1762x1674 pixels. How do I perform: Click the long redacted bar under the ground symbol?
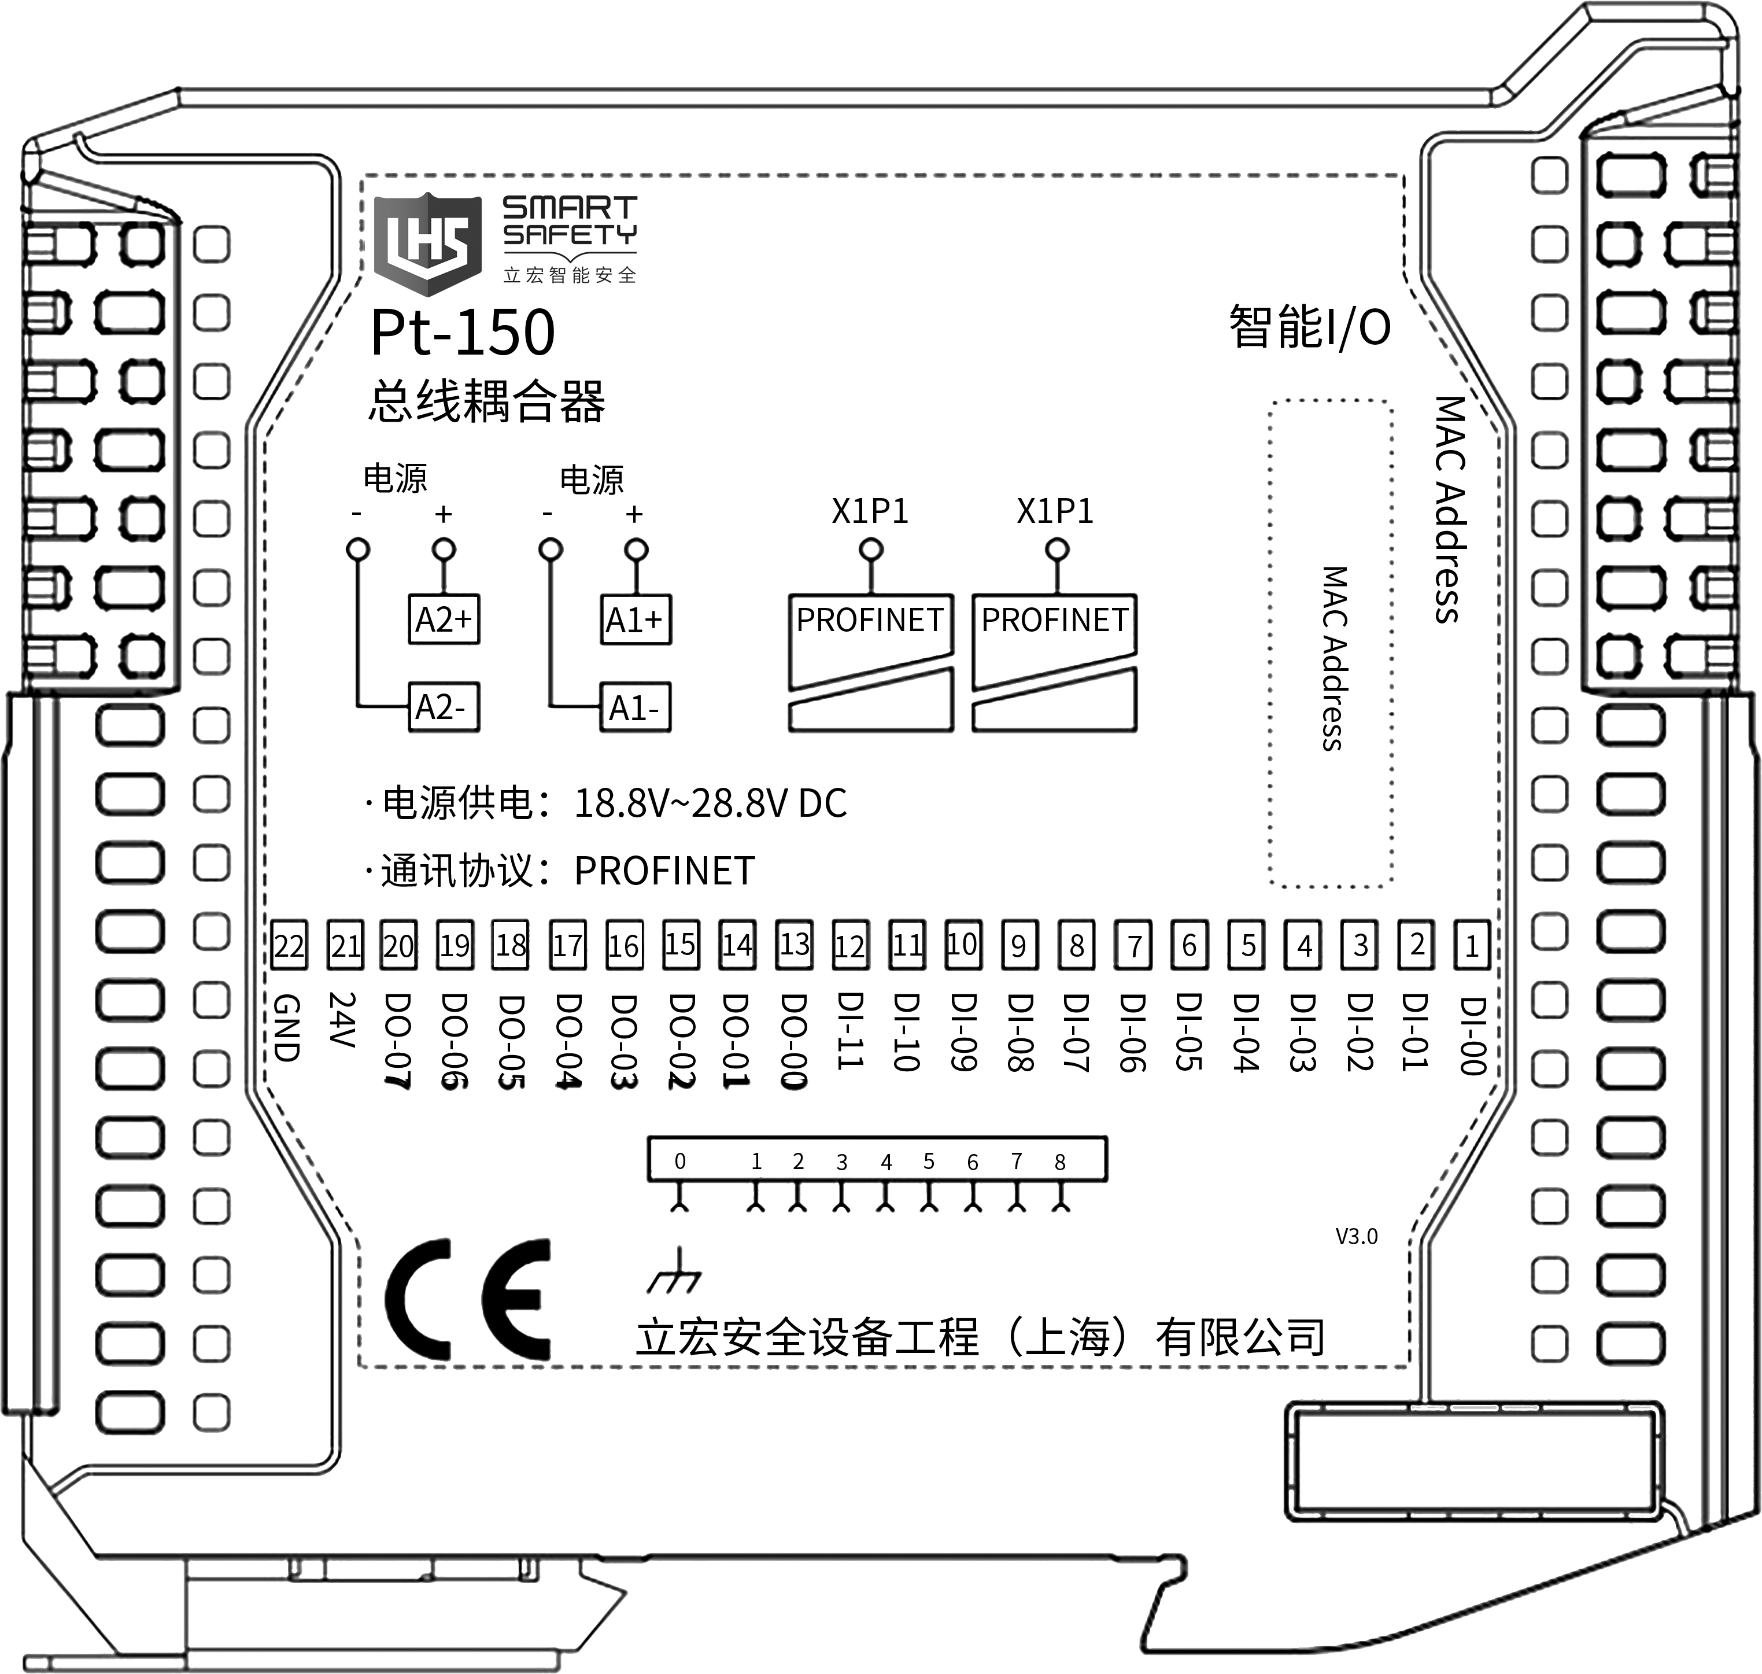click(x=978, y=1336)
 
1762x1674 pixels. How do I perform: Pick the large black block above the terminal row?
click(x=606, y=836)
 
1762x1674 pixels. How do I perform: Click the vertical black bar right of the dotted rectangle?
click(x=1451, y=510)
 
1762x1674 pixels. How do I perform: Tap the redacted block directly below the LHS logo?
click(x=463, y=332)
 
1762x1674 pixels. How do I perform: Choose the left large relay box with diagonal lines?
click(x=871, y=663)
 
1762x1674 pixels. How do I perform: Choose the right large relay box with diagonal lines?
click(x=1055, y=663)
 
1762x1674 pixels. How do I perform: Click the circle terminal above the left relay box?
click(x=871, y=549)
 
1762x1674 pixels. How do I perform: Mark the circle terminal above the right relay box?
click(x=1057, y=549)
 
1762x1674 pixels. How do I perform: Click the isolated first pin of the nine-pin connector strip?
click(x=680, y=1161)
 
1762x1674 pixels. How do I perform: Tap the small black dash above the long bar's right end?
click(x=1356, y=1236)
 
